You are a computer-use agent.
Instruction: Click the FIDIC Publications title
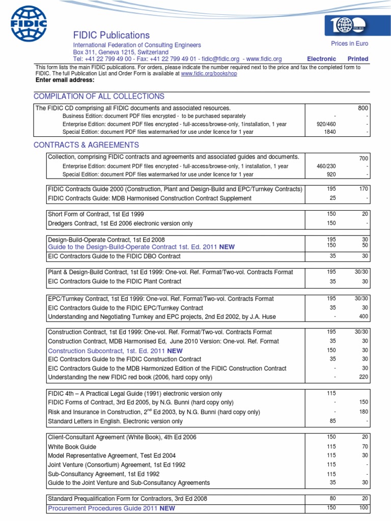point(111,35)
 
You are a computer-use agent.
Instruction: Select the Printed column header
point(358,59)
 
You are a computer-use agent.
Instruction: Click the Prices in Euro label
point(349,44)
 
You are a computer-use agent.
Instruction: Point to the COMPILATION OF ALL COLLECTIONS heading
point(99,97)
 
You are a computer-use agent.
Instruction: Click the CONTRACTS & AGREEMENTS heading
point(86,145)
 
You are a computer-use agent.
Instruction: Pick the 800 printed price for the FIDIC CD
point(362,108)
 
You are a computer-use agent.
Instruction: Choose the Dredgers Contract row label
point(120,223)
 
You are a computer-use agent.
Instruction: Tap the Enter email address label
point(65,80)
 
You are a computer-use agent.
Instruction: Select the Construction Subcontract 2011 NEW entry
point(115,351)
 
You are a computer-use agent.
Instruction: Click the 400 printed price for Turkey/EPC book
point(362,316)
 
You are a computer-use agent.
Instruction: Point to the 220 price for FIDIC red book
point(362,377)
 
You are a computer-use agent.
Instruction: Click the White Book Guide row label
point(73,446)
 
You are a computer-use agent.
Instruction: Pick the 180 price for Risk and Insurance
point(362,412)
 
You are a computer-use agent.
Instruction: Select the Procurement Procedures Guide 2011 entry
point(111,508)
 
